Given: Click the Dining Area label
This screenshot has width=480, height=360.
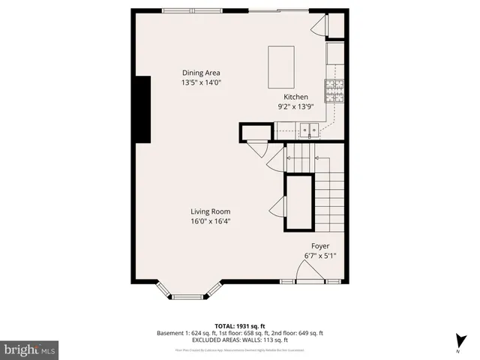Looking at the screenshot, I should pos(201,73).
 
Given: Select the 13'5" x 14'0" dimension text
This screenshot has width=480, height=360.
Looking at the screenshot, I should pos(201,83).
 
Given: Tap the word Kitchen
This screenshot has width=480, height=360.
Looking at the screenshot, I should pos(295,97).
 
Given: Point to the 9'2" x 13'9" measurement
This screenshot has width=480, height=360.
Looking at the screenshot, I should pos(295,107).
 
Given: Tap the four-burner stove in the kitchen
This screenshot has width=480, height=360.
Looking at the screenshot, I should pos(334,91).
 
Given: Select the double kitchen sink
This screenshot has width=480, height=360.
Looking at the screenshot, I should pos(308,132).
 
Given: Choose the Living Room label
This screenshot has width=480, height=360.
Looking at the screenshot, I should pos(210,211).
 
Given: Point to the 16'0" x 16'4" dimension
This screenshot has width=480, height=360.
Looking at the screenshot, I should pos(210,222).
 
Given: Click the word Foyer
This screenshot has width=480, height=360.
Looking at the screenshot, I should pos(320,246).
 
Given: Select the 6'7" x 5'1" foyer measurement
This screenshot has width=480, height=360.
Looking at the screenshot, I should pos(320,256).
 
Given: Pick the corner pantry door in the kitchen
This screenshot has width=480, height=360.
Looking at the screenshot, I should pos(319,26).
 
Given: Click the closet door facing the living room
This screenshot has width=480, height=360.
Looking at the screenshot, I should pos(277,205).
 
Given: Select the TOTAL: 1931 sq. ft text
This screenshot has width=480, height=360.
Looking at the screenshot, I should pos(239,323).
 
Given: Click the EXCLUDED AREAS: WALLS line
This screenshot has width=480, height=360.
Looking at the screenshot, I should pos(239,340).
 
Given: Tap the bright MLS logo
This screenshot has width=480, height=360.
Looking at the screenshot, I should pos(29,350).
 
